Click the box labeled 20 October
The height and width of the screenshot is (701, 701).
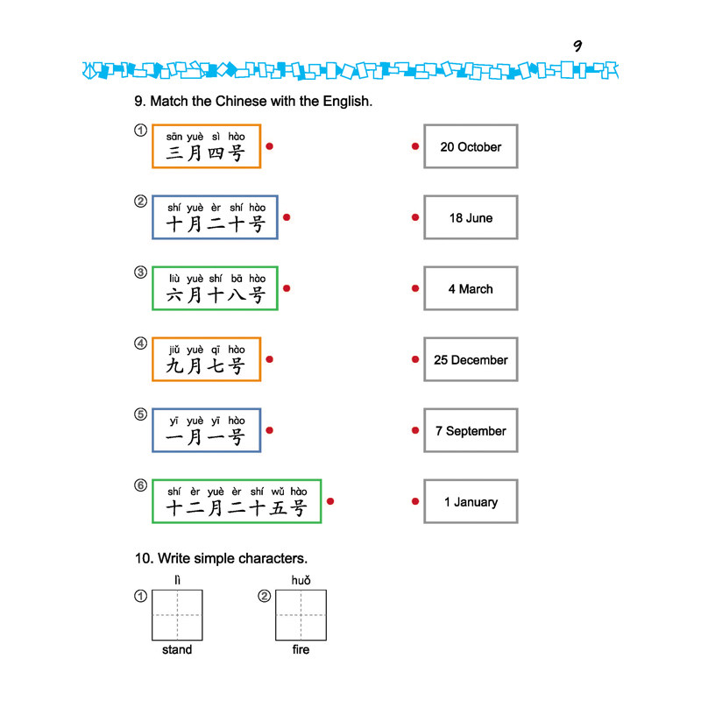click(x=471, y=146)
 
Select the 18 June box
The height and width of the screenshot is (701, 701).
click(x=471, y=217)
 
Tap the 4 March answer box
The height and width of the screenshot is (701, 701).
click(x=471, y=288)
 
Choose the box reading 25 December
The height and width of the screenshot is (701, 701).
click(x=471, y=359)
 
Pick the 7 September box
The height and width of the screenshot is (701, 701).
click(x=471, y=430)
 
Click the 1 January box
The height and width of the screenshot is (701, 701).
click(x=471, y=501)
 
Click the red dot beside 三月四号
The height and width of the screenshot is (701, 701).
click(x=270, y=146)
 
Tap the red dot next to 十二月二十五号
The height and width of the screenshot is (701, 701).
click(x=330, y=501)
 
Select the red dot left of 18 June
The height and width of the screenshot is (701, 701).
click(x=415, y=217)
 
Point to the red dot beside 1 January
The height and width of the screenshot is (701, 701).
click(x=415, y=501)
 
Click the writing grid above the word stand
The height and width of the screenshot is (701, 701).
click(x=178, y=615)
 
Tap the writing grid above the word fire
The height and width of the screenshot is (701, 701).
click(x=301, y=615)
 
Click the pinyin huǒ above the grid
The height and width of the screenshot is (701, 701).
click(x=301, y=580)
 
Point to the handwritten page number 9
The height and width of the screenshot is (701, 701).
click(x=577, y=46)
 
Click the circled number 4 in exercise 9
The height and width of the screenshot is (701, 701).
click(x=141, y=343)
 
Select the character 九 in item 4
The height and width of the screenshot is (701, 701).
click(x=174, y=366)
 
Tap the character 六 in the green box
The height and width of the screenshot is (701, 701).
click(x=174, y=295)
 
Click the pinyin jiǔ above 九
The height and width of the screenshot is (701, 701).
click(x=174, y=350)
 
